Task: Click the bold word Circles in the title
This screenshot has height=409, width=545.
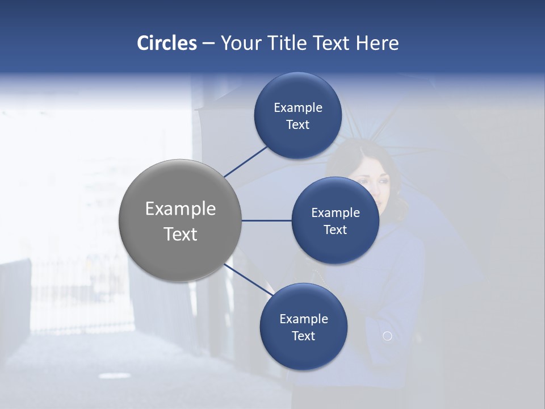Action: (167, 43)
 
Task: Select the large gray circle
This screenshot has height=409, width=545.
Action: (180, 220)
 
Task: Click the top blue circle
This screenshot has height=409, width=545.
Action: (297, 115)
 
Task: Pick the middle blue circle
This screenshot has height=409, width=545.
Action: (335, 220)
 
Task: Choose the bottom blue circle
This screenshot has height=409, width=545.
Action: (303, 327)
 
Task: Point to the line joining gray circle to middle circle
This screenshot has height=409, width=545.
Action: (266, 220)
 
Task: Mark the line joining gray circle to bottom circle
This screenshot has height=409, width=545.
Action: (249, 279)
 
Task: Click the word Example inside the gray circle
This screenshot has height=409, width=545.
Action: (180, 208)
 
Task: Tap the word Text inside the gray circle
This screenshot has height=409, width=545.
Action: (180, 234)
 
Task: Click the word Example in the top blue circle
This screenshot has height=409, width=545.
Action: (297, 107)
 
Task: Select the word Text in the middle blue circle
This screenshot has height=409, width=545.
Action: (335, 229)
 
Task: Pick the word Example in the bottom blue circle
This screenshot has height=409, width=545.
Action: (303, 319)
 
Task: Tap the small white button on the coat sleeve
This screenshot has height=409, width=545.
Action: (387, 336)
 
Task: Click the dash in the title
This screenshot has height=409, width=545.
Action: (208, 43)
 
